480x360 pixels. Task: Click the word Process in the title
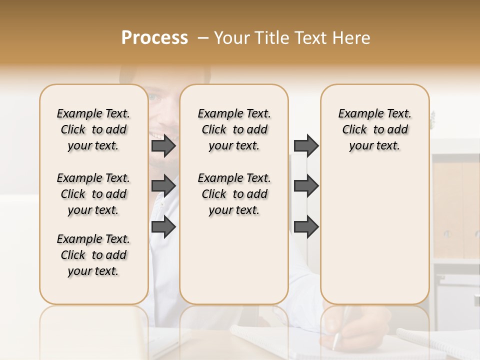pyautogui.click(x=154, y=38)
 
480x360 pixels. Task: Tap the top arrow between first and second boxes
pyautogui.click(x=163, y=145)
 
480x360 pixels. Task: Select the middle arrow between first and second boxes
pyautogui.click(x=163, y=186)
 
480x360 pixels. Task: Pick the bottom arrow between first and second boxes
pyautogui.click(x=163, y=227)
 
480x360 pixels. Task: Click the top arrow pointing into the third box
pyautogui.click(x=306, y=145)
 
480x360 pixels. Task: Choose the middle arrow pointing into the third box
pyautogui.click(x=306, y=186)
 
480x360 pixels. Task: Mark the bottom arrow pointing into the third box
pyautogui.click(x=306, y=227)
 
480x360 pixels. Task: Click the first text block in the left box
pyautogui.click(x=93, y=129)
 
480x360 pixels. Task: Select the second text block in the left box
pyautogui.click(x=93, y=194)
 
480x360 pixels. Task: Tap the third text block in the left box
pyautogui.click(x=93, y=255)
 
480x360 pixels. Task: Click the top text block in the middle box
pyautogui.click(x=234, y=129)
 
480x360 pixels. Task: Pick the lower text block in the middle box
pyautogui.click(x=234, y=194)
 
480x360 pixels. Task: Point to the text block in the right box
pyautogui.click(x=374, y=129)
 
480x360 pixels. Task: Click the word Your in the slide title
pyautogui.click(x=233, y=38)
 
